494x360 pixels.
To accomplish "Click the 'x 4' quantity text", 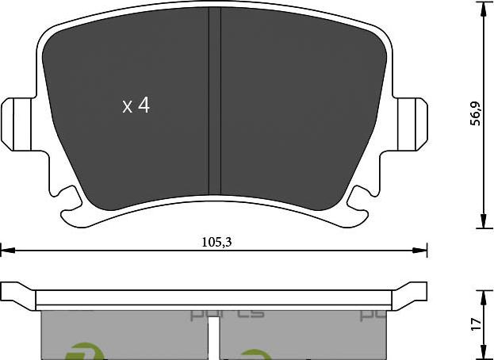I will tap(136, 105).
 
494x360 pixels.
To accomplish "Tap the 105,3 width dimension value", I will tap(216, 243).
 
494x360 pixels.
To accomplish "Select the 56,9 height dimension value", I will tap(476, 113).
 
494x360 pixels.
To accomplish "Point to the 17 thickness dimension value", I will tap(476, 324).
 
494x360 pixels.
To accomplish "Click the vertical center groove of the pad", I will tap(214, 107).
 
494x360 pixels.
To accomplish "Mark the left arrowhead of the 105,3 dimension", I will tap(6, 251).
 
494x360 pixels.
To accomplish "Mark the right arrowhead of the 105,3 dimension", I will tap(421, 251).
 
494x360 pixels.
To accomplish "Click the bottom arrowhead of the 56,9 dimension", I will tap(484, 222).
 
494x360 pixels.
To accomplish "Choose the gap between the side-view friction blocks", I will tap(215, 333).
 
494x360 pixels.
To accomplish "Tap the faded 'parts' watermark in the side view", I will tap(227, 314).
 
